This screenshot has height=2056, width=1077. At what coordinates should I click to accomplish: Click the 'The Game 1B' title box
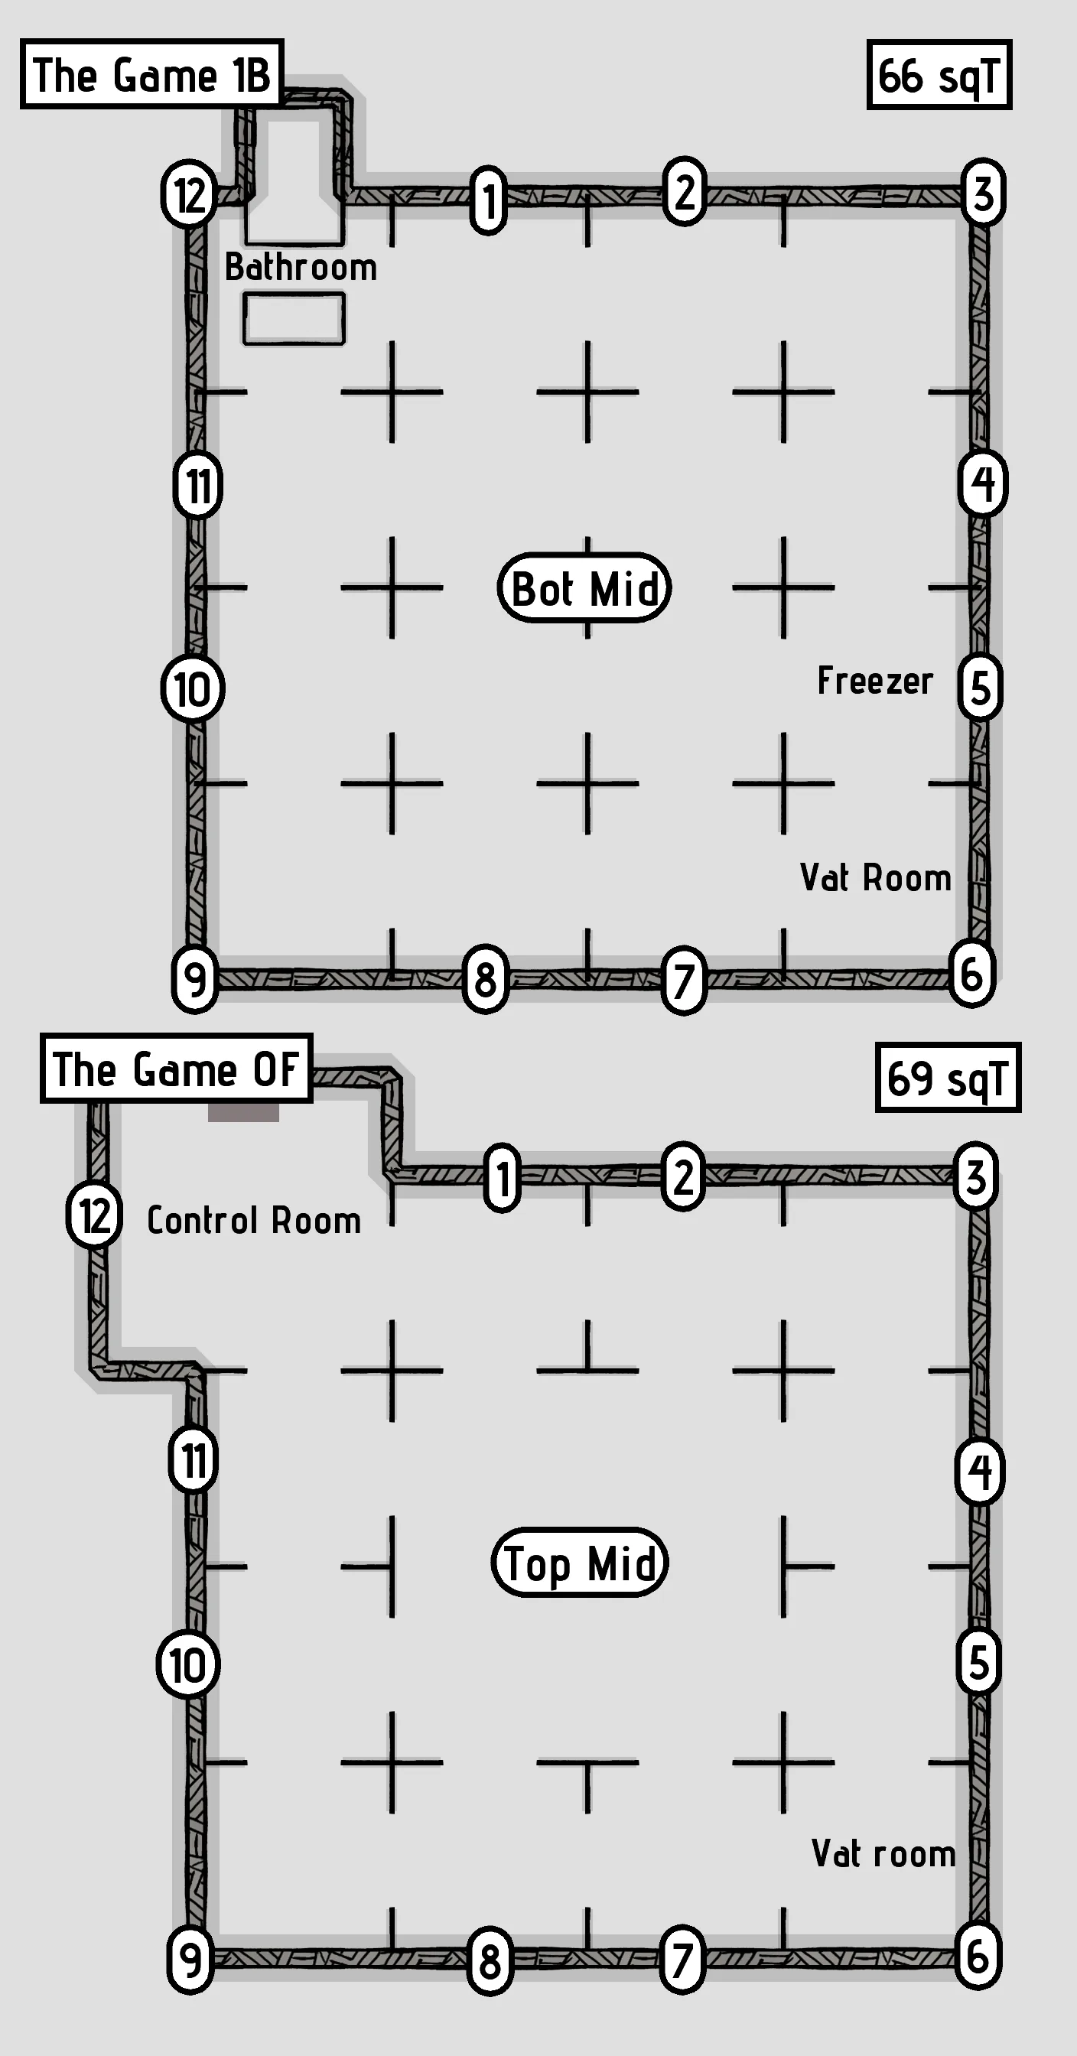pos(151,74)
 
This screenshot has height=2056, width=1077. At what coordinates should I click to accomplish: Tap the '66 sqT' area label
pos(939,75)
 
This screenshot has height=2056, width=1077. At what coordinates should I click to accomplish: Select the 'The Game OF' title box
pos(176,1069)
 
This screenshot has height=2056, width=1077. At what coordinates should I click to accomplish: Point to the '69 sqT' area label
pos(948,1078)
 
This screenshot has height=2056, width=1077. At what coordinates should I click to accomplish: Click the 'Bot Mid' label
pos(584,588)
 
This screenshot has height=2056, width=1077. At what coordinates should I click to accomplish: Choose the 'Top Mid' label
pos(580,1562)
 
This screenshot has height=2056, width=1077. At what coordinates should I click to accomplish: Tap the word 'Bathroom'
pos(300,267)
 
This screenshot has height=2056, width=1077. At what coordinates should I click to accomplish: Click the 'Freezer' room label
pos(875,681)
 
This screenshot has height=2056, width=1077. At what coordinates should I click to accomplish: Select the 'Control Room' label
pos(254,1220)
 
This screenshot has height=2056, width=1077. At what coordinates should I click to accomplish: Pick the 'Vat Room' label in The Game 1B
pos(875,877)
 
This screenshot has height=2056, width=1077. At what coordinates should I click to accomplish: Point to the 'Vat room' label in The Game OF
pos(883,1853)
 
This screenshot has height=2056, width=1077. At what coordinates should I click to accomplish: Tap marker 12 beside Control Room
pos(94,1215)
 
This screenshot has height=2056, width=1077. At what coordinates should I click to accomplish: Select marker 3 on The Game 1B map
pos(983,194)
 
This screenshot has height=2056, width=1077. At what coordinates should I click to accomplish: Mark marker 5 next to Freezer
pos(981,687)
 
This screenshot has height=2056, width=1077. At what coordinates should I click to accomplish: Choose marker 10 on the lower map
pos(187,1665)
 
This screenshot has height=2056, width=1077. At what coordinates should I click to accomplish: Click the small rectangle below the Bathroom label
pos(294,318)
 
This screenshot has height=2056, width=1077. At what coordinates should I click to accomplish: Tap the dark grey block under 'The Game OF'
pos(243,1112)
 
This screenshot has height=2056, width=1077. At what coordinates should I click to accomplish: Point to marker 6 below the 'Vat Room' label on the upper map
pos(971,974)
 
